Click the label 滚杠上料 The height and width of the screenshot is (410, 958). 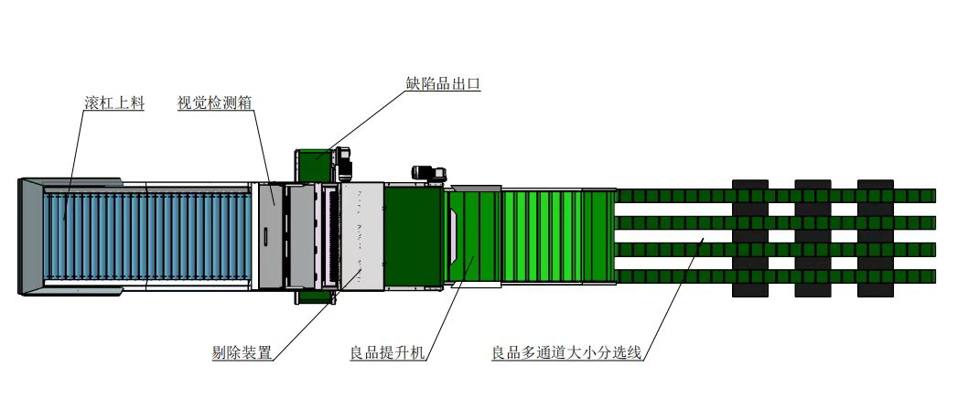[x=114, y=102]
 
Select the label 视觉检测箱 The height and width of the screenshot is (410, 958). [x=214, y=102]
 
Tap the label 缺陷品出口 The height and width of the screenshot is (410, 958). [x=443, y=83]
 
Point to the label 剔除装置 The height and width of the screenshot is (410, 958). [x=242, y=352]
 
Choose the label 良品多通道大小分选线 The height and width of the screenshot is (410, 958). [x=566, y=352]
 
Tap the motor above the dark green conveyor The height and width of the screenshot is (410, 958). [x=429, y=174]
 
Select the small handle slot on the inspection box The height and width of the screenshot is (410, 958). [x=266, y=236]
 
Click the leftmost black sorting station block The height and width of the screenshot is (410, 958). [x=749, y=238]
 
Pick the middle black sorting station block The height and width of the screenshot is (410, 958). [x=813, y=238]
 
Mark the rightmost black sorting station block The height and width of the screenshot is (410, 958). [x=876, y=238]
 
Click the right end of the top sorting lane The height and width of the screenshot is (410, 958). [x=935, y=196]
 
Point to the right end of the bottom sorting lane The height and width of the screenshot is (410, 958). [x=935, y=276]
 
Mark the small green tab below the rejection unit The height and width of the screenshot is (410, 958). [x=316, y=297]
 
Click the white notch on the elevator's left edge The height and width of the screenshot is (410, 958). [x=455, y=236]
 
